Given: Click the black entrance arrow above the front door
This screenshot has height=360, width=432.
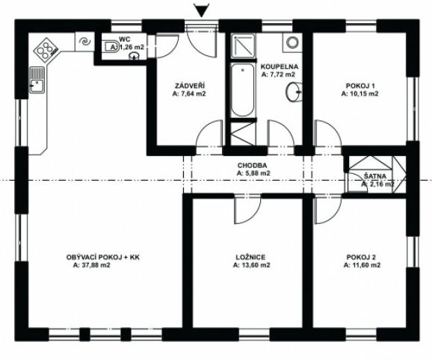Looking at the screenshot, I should tap(200, 10).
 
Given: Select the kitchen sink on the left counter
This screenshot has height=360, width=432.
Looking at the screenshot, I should tap(35, 81).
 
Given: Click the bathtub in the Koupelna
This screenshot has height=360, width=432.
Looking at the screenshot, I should tap(242, 92).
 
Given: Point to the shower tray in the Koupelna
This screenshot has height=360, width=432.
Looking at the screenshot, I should tap(242, 46).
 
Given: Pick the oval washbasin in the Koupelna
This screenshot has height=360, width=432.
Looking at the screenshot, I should tap(294, 93).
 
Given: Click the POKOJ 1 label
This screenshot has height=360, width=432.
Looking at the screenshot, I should tap(360, 86).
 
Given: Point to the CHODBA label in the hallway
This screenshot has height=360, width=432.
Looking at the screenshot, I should tap(253, 165).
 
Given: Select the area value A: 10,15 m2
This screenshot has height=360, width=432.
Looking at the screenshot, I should tap(360, 94).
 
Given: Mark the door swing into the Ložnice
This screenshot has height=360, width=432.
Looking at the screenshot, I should tap(243, 212).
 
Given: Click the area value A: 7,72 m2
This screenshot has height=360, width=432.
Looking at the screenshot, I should tap(278, 75).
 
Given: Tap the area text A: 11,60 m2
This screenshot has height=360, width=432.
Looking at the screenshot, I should tap(361, 265).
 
